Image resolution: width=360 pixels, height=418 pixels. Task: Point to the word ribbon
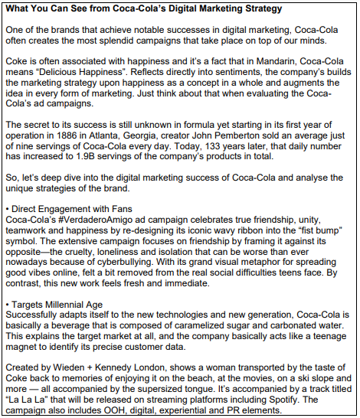coord(260,231)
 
